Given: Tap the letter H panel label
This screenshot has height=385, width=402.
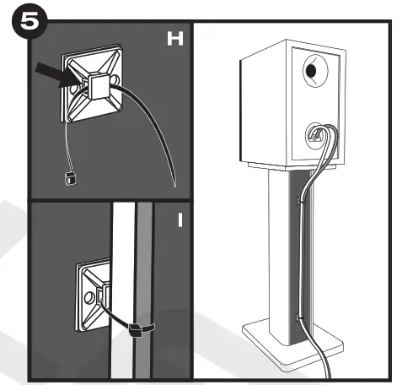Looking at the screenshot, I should pyautogui.click(x=174, y=40).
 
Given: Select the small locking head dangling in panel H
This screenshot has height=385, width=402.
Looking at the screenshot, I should pyautogui.click(x=69, y=178).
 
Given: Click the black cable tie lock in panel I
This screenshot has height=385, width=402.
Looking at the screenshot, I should pyautogui.click(x=135, y=331).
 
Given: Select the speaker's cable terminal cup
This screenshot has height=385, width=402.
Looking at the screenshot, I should pyautogui.click(x=316, y=133).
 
